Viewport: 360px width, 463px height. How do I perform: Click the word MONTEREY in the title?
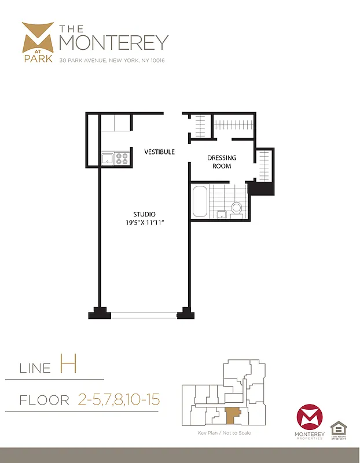point(114,42)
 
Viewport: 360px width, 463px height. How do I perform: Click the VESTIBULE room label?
point(159,152)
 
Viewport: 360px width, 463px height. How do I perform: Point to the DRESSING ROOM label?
point(222,162)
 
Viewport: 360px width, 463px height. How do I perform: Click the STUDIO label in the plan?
point(144,214)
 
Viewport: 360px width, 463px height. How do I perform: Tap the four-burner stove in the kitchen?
point(122,159)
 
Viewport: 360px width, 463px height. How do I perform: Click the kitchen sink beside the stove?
point(108,159)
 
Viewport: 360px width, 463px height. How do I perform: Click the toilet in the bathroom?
point(236,208)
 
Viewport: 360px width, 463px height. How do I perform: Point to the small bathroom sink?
point(221,215)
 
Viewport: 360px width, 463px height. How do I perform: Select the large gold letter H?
point(68,365)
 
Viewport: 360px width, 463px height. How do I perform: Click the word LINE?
point(36,368)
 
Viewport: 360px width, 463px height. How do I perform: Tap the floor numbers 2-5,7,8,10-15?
point(118,399)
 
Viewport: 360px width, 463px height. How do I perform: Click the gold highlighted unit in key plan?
point(232,414)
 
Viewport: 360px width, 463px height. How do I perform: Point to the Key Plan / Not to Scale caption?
point(224,433)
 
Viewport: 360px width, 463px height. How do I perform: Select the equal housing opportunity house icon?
point(338,429)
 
